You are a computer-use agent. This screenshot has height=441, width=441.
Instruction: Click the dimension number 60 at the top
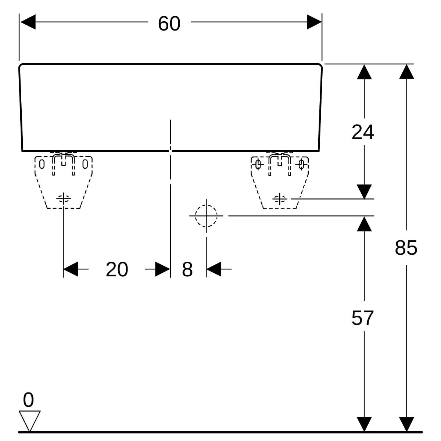169,24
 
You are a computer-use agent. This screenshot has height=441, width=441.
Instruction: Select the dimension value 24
363,132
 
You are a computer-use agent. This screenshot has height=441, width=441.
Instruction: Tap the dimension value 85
406,248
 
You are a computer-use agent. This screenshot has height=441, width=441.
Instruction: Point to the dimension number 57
362,318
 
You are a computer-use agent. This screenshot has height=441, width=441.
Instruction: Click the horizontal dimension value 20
117,269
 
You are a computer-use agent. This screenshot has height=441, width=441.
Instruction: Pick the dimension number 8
187,269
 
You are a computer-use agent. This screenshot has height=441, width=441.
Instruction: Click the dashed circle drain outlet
206,216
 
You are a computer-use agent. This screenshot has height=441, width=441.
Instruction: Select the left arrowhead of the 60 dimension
28,22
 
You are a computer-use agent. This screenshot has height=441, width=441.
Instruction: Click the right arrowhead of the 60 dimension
314,22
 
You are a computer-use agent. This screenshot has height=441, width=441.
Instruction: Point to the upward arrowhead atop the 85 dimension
407,72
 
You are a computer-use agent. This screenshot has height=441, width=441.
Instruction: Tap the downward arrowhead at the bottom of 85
407,424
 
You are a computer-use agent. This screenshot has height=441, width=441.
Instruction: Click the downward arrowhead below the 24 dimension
364,192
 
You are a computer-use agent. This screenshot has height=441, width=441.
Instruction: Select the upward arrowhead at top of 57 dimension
364,223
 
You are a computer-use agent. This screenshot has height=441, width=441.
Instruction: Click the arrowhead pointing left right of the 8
214,269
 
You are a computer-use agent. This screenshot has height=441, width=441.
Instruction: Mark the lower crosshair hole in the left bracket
63,198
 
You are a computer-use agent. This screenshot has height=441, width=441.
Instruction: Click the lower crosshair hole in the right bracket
280,199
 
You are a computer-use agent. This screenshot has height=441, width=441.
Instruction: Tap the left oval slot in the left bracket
42,164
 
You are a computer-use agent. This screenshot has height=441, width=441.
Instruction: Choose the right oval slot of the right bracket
301,164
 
